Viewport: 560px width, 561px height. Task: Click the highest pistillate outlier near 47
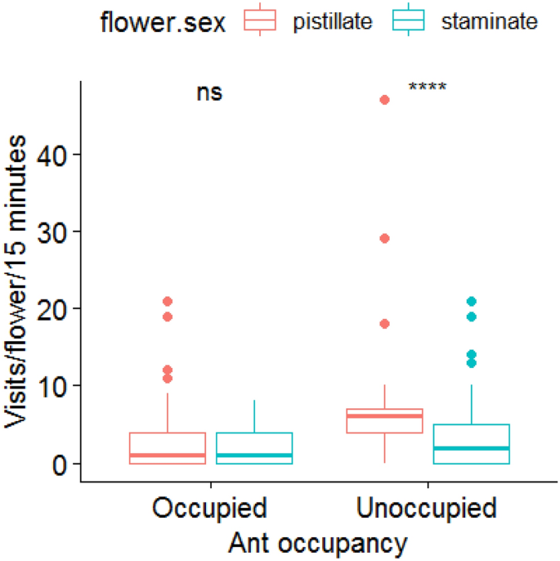[385, 100]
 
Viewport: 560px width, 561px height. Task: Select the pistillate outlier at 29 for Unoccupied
[385, 239]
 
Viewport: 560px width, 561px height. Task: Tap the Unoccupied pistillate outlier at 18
[385, 324]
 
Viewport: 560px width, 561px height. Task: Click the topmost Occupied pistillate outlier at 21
[168, 302]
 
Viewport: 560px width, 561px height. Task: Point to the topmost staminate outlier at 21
[472, 302]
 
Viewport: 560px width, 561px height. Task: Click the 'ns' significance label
[209, 92]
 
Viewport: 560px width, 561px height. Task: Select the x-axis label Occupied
[209, 508]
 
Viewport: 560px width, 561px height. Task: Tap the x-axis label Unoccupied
[427, 508]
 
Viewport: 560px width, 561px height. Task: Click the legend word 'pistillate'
[333, 22]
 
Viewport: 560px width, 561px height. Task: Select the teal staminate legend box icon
[409, 22]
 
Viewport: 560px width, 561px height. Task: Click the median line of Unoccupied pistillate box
[385, 416]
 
